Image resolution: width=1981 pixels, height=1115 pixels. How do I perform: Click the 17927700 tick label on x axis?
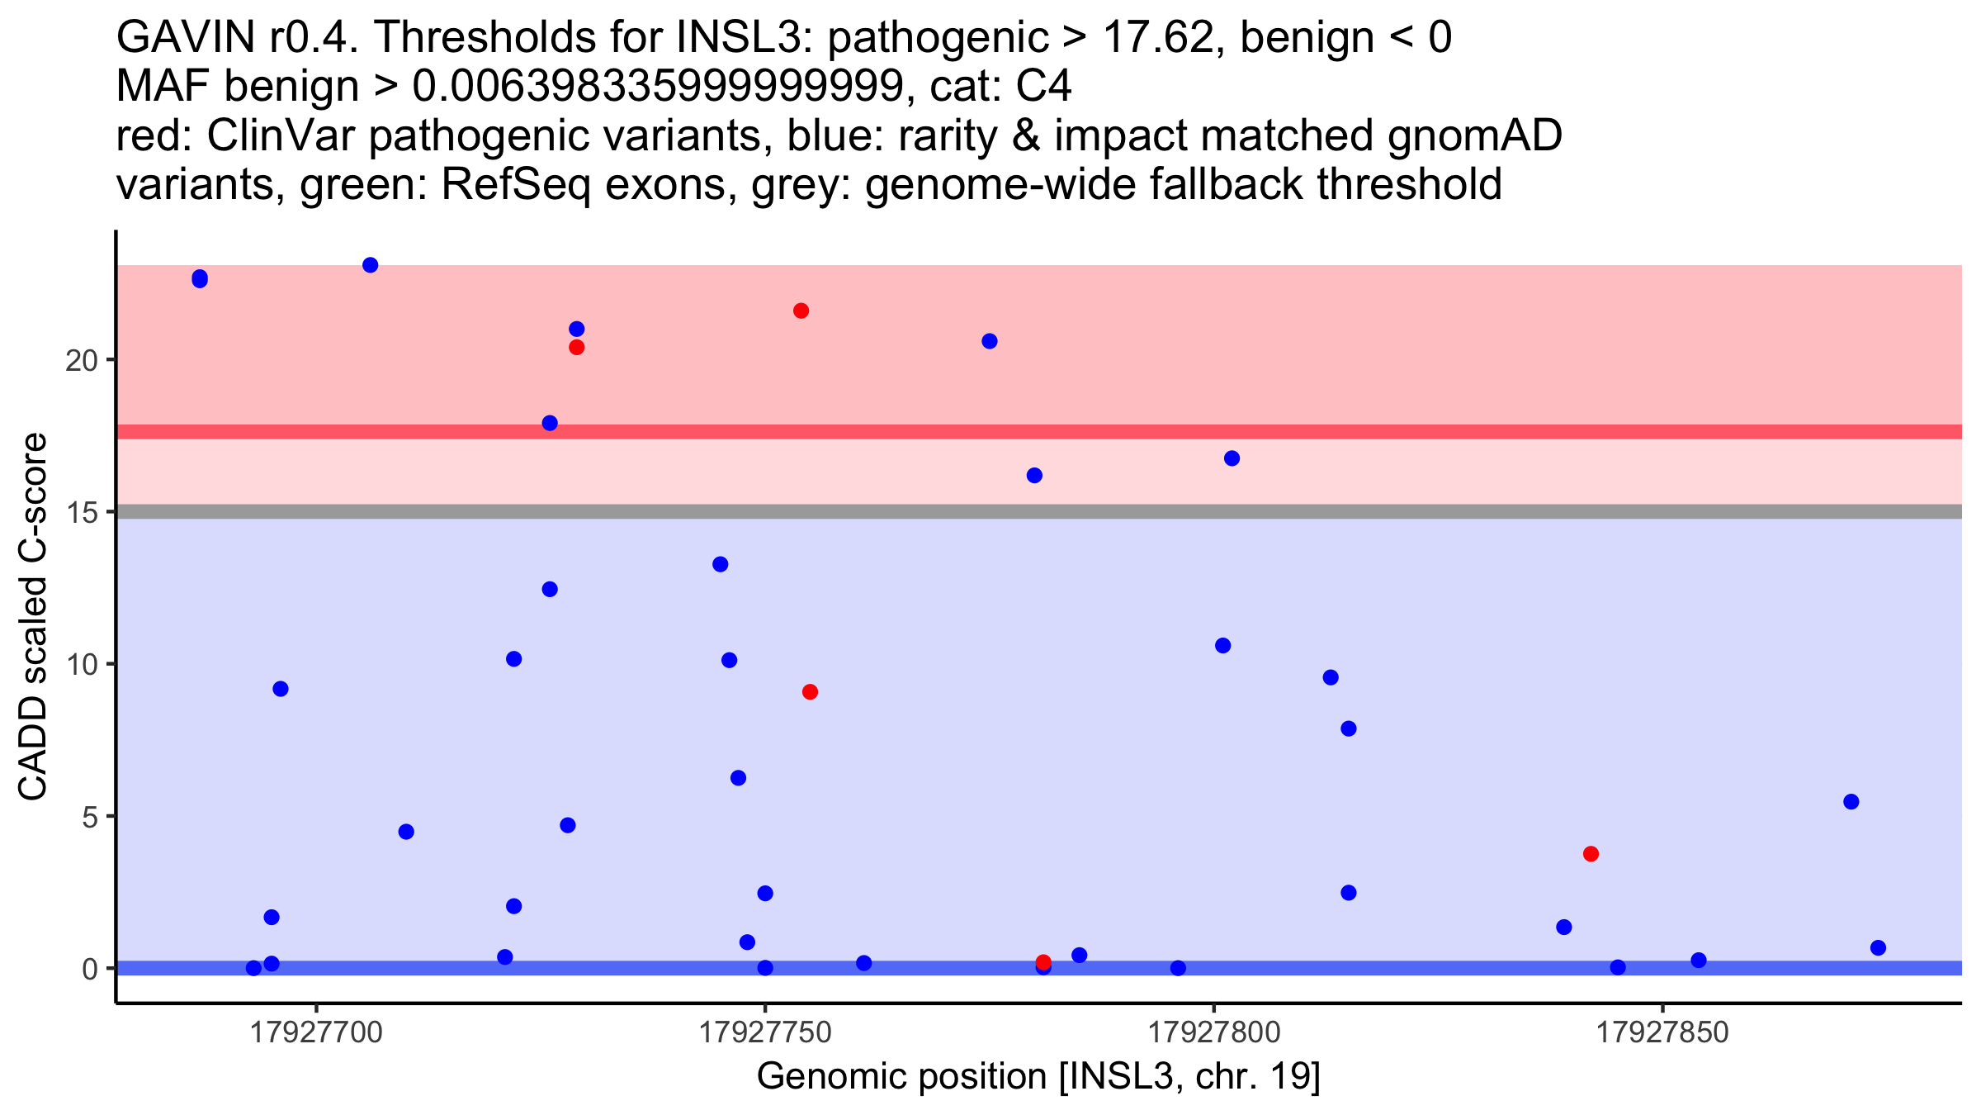click(316, 1033)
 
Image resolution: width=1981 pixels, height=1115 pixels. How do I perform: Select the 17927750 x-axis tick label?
click(765, 1033)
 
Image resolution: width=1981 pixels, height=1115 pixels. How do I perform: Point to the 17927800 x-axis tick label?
click(1213, 1033)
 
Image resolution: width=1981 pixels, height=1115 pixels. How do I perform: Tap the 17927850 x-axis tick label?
click(1662, 1033)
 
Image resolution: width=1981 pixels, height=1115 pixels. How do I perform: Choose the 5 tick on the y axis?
click(89, 817)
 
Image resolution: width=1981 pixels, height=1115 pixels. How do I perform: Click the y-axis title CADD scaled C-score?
click(33, 617)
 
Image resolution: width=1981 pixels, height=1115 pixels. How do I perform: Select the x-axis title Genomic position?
click(1038, 1077)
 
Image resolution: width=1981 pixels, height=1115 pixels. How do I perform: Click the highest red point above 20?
click(801, 311)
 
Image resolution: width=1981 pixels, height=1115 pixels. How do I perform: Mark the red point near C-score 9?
click(810, 691)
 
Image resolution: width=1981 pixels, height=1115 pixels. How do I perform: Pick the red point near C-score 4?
click(1591, 854)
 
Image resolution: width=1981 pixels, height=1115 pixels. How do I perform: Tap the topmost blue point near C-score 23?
click(371, 265)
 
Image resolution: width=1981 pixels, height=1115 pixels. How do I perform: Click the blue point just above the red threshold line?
click(550, 423)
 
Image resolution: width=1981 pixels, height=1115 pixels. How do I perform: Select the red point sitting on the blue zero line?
click(1043, 962)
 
